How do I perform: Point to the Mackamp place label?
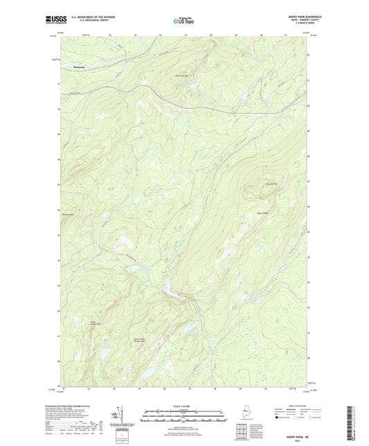[x=78, y=67]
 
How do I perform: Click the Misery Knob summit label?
[x=271, y=184]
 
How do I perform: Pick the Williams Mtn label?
[x=69, y=215]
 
